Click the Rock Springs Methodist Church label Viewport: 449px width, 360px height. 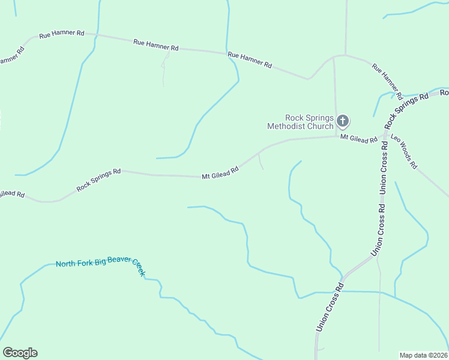click(300, 122)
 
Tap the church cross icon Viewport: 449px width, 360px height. click(342, 122)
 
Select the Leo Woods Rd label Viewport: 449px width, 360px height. click(403, 151)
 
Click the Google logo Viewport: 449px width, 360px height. click(20, 353)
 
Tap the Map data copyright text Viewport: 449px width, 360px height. click(423, 355)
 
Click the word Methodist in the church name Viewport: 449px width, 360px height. click(291, 126)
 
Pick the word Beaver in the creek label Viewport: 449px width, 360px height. click(118, 264)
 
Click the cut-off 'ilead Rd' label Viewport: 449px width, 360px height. click(12, 194)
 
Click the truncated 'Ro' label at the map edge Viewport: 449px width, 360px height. click(444, 93)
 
